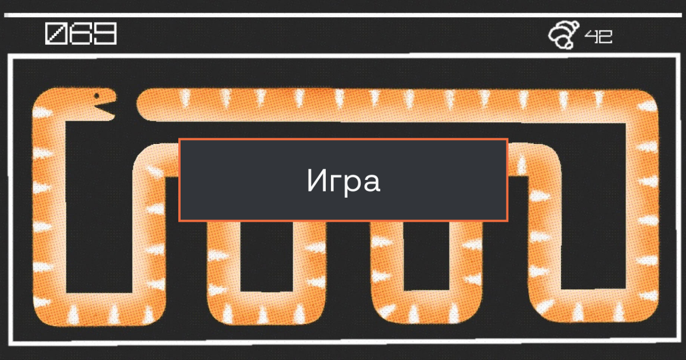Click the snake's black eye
[97, 95]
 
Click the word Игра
[343, 181]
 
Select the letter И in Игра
[317, 181]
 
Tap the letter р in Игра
[353, 185]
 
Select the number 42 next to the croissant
[599, 37]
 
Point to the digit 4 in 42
[591, 37]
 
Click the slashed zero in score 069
[56, 34]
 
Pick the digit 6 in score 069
[81, 34]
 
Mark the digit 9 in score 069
[105, 34]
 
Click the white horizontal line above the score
[343, 15]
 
